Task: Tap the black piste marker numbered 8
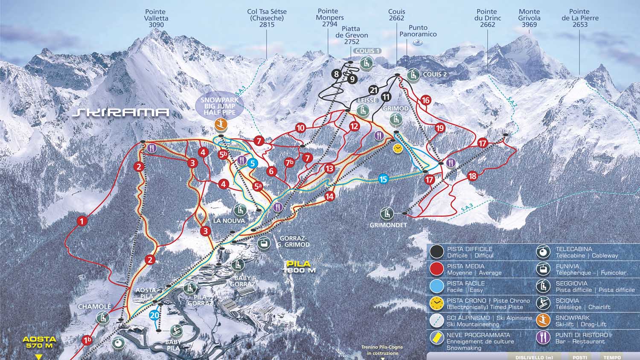[337, 74]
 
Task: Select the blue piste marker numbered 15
[383, 179]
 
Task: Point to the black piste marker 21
[374, 90]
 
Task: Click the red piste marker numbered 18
[472, 176]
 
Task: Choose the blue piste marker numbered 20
[154, 315]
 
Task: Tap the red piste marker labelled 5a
[257, 186]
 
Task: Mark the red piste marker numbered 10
[301, 128]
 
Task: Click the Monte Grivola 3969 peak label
[529, 18]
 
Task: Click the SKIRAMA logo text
[121, 113]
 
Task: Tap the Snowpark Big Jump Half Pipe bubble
[220, 106]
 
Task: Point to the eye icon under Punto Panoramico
[418, 42]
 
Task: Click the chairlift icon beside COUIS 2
[413, 75]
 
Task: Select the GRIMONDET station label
[388, 225]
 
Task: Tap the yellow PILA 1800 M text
[298, 267]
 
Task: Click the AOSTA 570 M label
[39, 342]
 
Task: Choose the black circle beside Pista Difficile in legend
[436, 252]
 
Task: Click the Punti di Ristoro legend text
[581, 338]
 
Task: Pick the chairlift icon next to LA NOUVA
[241, 210]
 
